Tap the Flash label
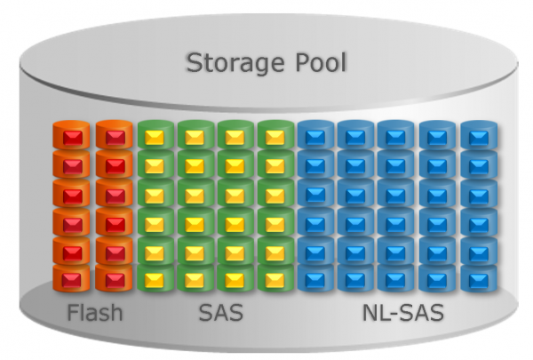(x=95, y=314)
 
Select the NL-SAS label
(x=402, y=314)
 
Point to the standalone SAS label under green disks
(x=219, y=314)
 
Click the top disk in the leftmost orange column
(x=71, y=136)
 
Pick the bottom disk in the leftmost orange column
(x=71, y=279)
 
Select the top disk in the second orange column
(x=112, y=136)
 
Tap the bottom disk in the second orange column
(x=112, y=279)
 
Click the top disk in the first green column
(x=155, y=136)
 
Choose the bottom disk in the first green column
(x=155, y=279)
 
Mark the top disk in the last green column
(x=274, y=136)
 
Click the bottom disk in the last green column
(x=274, y=279)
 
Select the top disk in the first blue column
(x=314, y=136)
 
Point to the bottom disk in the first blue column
(x=314, y=279)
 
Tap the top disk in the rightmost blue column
(x=477, y=136)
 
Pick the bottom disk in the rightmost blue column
(x=477, y=279)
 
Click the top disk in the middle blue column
(x=395, y=136)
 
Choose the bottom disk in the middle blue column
(x=395, y=279)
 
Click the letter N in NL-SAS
(x=369, y=314)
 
